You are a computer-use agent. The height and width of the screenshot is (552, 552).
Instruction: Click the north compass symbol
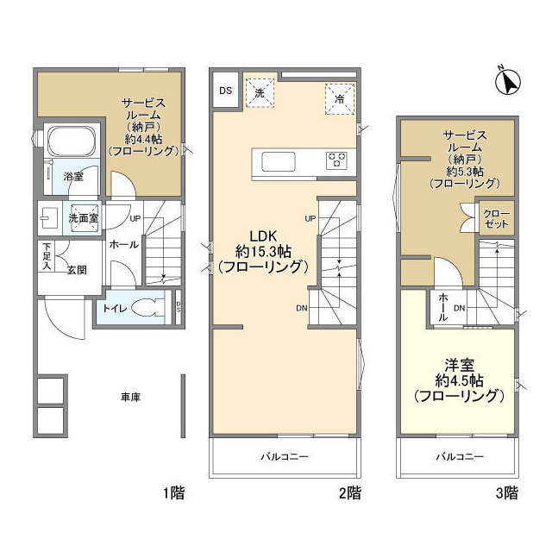click(x=508, y=82)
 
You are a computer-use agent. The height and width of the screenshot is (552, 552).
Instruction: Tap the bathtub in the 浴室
click(x=72, y=141)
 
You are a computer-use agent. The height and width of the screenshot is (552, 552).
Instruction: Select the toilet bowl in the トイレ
click(x=147, y=308)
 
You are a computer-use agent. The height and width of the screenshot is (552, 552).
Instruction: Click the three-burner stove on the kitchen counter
click(x=336, y=160)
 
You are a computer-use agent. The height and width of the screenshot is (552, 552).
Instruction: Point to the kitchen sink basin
click(x=278, y=161)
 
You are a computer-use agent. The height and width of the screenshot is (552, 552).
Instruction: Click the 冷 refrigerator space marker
click(x=340, y=99)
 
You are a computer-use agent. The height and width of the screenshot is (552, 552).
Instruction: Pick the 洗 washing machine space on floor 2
click(x=260, y=93)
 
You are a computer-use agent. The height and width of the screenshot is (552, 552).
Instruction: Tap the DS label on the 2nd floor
click(x=226, y=91)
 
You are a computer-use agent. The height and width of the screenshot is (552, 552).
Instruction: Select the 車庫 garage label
click(x=130, y=398)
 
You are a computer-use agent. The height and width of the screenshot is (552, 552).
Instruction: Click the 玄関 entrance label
click(x=77, y=270)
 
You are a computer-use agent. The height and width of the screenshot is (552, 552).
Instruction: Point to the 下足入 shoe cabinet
click(x=47, y=256)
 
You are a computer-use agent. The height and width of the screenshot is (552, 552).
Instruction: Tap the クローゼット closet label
click(x=497, y=218)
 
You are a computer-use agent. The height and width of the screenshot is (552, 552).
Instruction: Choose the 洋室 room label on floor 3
click(x=460, y=365)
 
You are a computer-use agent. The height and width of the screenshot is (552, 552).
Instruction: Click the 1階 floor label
click(x=174, y=492)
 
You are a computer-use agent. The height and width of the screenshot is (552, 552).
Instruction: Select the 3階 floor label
click(x=507, y=492)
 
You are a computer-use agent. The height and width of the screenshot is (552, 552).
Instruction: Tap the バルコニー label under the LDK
click(x=285, y=457)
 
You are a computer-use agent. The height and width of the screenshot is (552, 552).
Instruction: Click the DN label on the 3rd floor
click(x=460, y=309)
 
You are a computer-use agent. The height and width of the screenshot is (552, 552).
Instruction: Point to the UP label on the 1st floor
click(x=135, y=218)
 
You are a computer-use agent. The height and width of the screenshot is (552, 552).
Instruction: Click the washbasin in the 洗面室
click(x=47, y=217)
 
